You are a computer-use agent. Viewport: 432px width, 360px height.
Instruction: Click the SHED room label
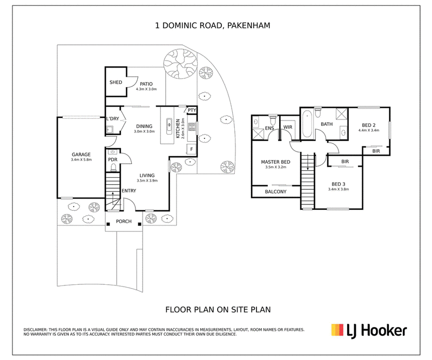pyautogui.click(x=116, y=82)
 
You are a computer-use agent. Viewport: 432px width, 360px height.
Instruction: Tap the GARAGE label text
pyautogui.click(x=82, y=155)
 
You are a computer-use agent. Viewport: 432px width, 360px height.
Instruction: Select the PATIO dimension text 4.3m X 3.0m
pyautogui.click(x=146, y=89)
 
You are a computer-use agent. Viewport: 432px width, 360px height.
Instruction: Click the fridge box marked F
pyautogui.click(x=192, y=149)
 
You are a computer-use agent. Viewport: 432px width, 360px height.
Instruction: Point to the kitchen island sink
pyautogui.click(x=169, y=126)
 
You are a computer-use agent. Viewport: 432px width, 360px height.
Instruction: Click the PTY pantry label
pyautogui.click(x=192, y=110)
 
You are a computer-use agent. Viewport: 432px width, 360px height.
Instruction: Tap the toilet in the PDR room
pyautogui.click(x=113, y=167)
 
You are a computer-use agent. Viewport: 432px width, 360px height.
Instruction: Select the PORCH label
pyautogui.click(x=124, y=221)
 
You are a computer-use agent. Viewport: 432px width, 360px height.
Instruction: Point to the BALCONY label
pyautogui.click(x=275, y=192)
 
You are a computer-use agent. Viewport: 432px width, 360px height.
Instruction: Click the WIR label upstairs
pyautogui.click(x=288, y=127)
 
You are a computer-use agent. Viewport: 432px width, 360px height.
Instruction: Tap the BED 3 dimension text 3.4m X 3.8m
pyautogui.click(x=339, y=189)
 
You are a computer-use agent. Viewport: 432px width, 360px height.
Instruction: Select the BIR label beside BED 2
pyautogui.click(x=376, y=151)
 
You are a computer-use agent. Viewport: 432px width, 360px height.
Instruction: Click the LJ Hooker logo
pyautogui.click(x=369, y=330)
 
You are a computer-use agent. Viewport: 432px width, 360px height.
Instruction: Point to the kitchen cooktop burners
pyautogui.click(x=192, y=127)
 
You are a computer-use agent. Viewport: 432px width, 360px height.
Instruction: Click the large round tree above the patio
pyautogui.click(x=180, y=64)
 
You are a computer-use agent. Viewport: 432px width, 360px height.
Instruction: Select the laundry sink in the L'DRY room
pyautogui.click(x=110, y=129)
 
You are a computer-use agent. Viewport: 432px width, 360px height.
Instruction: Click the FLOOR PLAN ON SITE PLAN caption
pyautogui.click(x=218, y=310)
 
